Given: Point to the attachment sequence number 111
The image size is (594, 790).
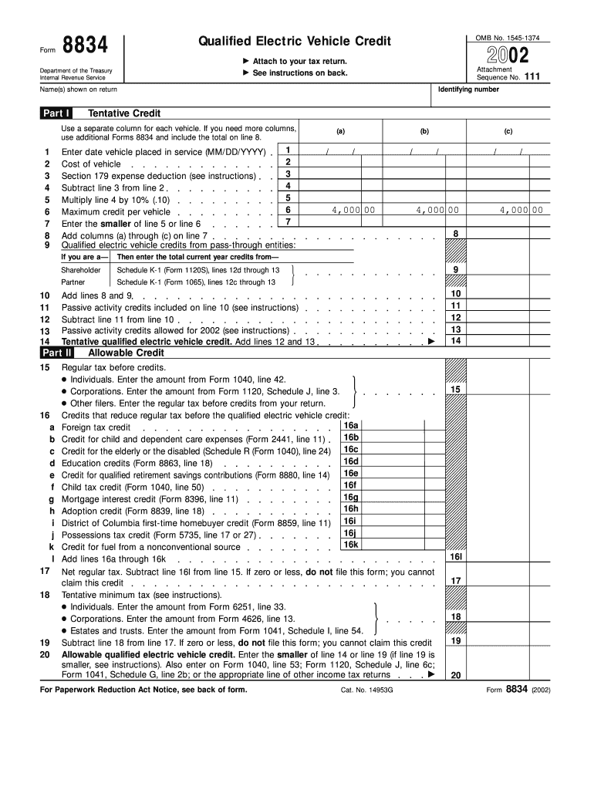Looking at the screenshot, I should point(532,77).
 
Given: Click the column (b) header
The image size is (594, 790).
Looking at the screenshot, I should point(424,131).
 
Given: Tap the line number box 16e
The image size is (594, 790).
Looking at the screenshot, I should point(351,474).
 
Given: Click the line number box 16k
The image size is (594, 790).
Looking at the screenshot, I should point(351,545).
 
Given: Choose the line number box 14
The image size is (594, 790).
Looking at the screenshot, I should point(456,340).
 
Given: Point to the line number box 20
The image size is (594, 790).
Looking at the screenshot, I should point(456,675).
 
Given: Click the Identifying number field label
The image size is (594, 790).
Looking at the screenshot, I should point(468,89).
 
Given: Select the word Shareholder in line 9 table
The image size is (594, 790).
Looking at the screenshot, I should point(81,270).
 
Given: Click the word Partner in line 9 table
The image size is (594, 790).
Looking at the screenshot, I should point(73,282).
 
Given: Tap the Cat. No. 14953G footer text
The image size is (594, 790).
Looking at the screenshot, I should point(366,690).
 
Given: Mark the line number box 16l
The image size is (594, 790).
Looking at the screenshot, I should point(456,556).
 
